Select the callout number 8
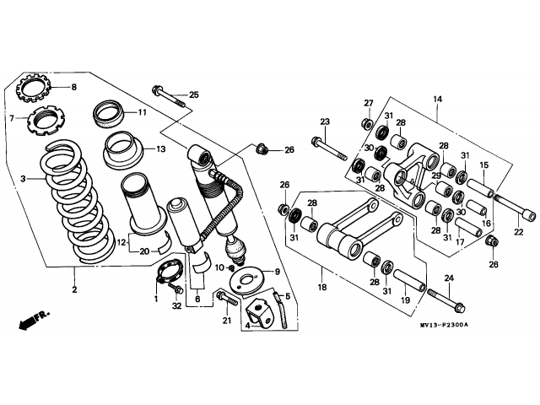coord(73,88)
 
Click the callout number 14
coord(437,99)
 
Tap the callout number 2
coord(74,290)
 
